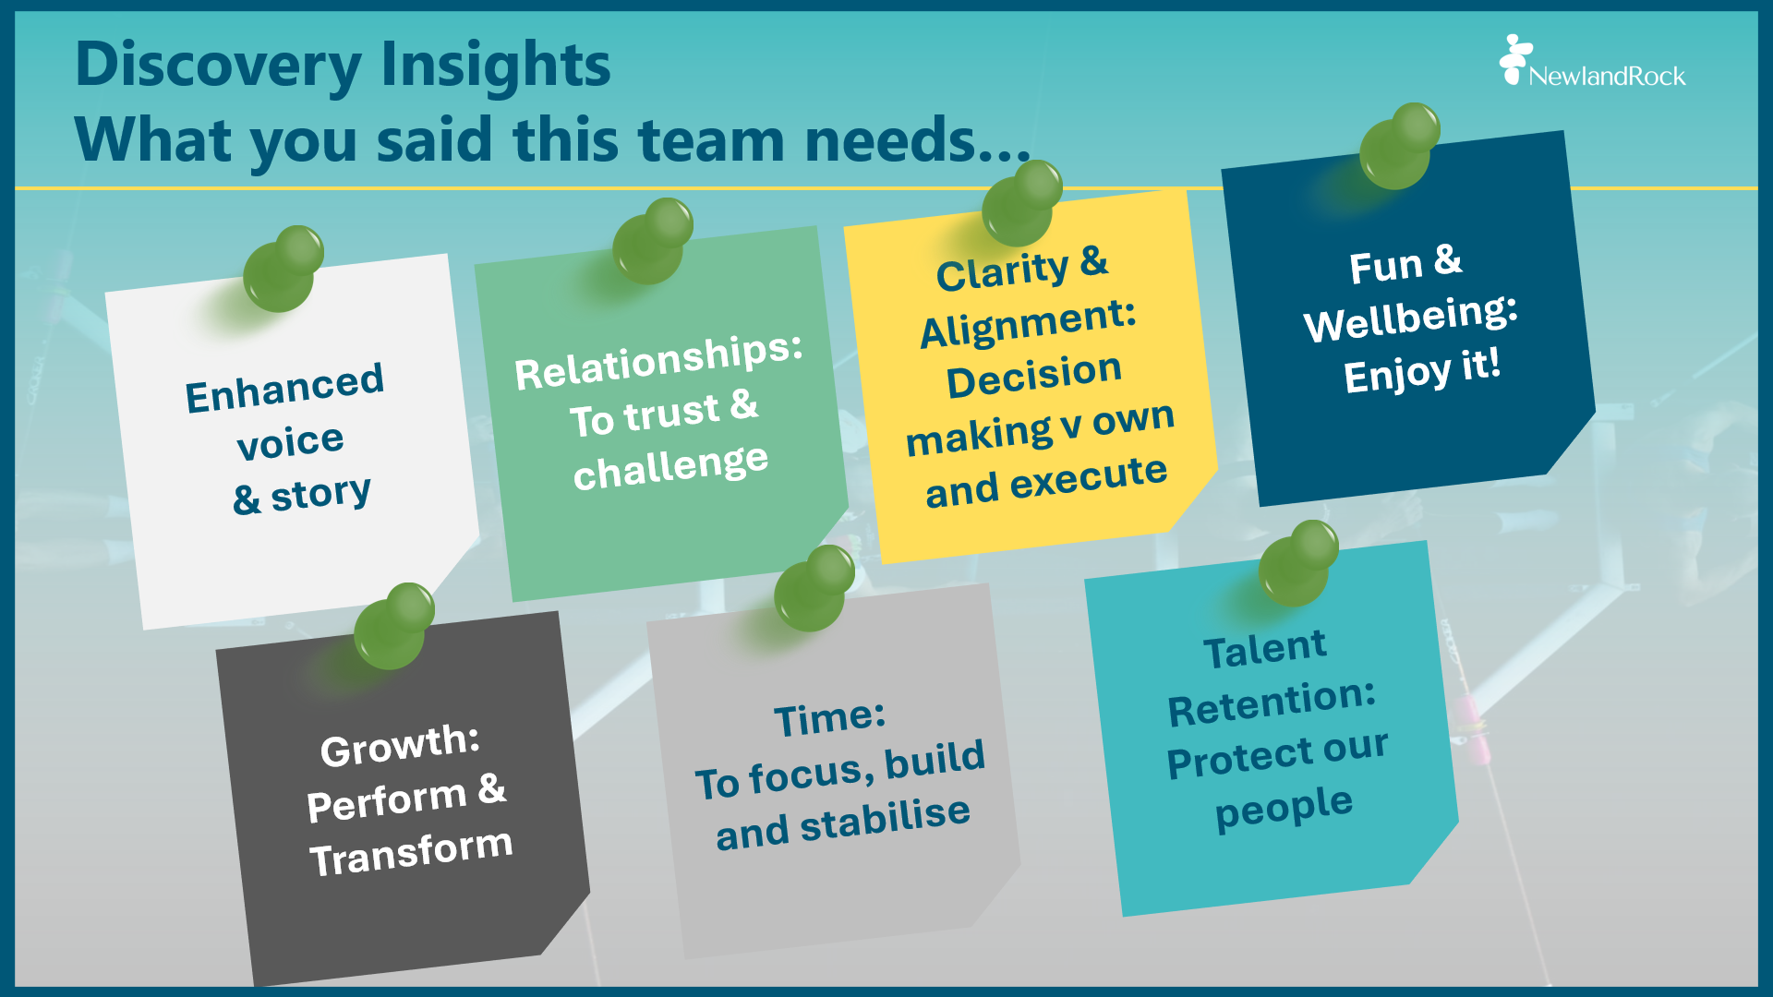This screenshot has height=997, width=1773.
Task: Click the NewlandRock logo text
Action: (x=1606, y=76)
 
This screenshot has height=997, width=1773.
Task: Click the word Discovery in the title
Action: (x=218, y=66)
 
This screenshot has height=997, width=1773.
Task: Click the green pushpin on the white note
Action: (x=283, y=269)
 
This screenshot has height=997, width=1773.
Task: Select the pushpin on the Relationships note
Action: (x=652, y=241)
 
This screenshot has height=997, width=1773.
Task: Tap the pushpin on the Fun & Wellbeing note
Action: (x=1399, y=146)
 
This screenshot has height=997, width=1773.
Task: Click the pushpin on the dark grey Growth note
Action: (x=393, y=626)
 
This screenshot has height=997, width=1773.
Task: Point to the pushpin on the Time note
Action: (x=814, y=588)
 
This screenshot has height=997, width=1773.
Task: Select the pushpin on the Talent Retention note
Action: (x=1297, y=563)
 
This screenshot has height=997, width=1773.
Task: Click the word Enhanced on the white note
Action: (x=284, y=388)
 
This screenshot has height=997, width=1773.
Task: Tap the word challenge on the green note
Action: (x=670, y=467)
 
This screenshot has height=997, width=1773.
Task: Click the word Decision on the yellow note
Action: (x=1033, y=375)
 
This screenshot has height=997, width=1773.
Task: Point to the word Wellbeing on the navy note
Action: (x=1410, y=318)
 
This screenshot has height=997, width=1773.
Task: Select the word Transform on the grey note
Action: (x=411, y=852)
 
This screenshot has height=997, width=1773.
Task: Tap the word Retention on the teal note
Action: (x=1272, y=703)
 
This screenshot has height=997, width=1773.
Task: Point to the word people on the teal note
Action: (x=1284, y=808)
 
